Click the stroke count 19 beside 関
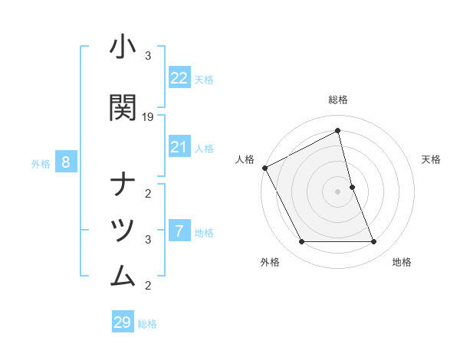[x=149, y=117]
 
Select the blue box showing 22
[x=179, y=78]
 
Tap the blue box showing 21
[x=179, y=147]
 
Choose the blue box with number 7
[x=179, y=231]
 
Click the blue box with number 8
[x=66, y=162]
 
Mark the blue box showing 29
[x=123, y=322]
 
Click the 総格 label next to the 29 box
[x=147, y=324]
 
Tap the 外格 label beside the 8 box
[x=41, y=163]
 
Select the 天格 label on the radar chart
[x=432, y=159]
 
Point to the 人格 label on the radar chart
[x=245, y=159]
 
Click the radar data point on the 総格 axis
[x=338, y=131]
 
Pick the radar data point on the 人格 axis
[x=265, y=168]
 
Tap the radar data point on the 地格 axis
[x=374, y=242]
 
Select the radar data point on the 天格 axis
[x=352, y=187]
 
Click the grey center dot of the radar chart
[x=338, y=191]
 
